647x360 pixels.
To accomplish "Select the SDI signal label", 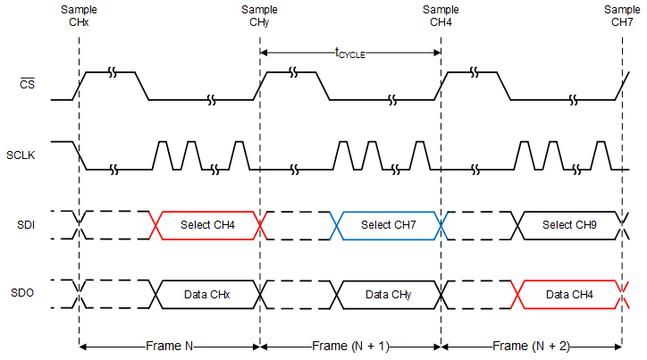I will (28, 224).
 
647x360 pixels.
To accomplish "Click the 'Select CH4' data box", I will (207, 224).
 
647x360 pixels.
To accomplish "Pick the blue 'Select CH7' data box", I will (388, 224).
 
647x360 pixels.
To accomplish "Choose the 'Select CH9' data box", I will (569, 224).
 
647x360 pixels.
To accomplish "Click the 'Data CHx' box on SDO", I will (206, 294).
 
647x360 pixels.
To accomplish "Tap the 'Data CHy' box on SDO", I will (388, 294).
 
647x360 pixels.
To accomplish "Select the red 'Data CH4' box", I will (569, 294).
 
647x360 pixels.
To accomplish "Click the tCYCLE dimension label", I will (350, 53).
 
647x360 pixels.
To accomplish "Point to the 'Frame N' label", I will (169, 345).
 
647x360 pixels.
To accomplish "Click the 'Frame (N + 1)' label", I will (350, 345).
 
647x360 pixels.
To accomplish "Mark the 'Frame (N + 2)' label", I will (531, 345).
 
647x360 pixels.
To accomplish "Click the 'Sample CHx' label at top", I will (79, 15).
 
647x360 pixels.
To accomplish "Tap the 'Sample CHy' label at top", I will (259, 15).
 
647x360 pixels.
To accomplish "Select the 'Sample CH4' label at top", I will (441, 15).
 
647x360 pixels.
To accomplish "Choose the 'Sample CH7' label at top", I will (621, 15).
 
